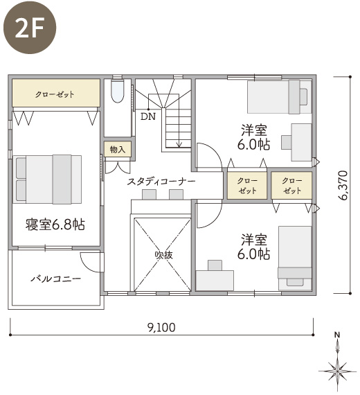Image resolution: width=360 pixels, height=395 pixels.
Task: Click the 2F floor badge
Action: [30, 27]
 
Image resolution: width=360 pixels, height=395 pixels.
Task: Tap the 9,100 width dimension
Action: [161, 328]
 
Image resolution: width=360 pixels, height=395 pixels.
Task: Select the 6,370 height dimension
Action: [343, 186]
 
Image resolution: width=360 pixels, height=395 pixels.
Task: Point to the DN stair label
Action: [148, 116]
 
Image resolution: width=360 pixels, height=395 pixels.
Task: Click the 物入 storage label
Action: [118, 150]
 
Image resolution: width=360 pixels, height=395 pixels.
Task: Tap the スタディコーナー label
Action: [161, 182]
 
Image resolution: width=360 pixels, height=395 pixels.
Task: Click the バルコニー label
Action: [56, 279]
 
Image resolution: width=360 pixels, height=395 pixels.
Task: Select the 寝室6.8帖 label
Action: [55, 225]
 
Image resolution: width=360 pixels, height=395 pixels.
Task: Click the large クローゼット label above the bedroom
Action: [55, 94]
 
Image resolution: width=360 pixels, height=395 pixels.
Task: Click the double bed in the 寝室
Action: [47, 179]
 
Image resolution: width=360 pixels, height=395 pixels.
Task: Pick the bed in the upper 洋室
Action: [280, 97]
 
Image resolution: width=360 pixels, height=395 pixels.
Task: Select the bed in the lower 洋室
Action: [295, 258]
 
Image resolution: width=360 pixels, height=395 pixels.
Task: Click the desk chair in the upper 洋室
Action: [286, 142]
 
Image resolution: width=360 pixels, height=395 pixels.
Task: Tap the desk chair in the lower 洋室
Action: [215, 265]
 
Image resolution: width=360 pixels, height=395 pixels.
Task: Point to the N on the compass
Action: [337, 335]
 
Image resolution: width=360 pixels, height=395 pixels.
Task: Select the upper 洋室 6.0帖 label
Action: [254, 137]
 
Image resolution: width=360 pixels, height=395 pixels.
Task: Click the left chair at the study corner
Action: [149, 195]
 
